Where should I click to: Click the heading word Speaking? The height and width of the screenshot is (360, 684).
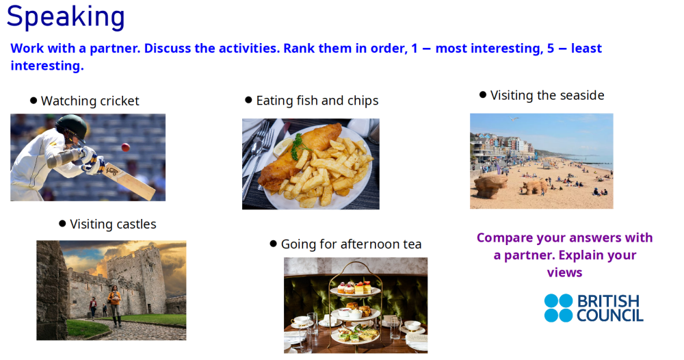point(66,17)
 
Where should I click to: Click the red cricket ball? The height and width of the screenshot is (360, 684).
point(125,147)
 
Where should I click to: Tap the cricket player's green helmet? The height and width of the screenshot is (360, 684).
point(71,127)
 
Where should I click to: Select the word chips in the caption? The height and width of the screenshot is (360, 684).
point(361,101)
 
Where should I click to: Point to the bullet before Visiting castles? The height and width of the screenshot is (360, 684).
point(62,224)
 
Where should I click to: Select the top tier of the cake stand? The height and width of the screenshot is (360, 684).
point(354,287)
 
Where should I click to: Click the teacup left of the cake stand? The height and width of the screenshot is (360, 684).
point(301,320)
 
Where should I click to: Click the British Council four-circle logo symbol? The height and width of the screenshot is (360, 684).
point(558,308)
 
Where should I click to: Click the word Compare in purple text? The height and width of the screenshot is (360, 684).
point(505,238)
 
